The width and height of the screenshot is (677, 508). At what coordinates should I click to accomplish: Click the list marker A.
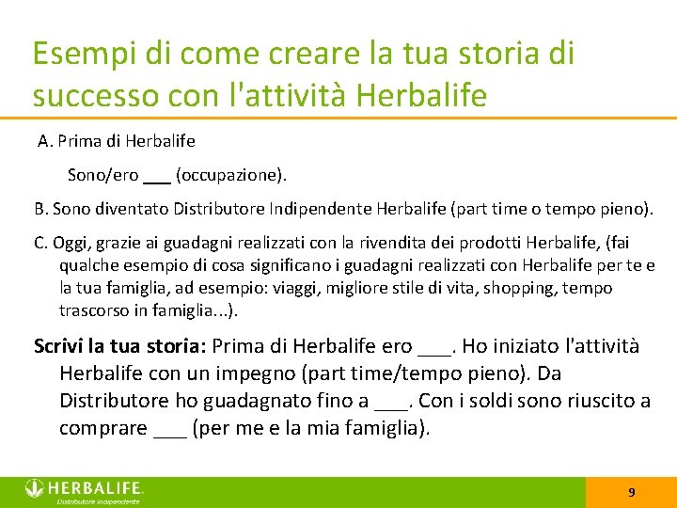(x=44, y=141)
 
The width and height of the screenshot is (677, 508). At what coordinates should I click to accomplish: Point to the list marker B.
(x=40, y=207)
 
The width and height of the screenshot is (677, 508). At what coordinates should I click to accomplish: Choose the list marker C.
(x=40, y=243)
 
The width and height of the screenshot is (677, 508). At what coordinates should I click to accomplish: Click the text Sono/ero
(x=103, y=175)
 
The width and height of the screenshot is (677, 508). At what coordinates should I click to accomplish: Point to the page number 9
(x=631, y=492)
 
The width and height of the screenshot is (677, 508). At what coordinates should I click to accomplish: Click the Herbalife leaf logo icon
(x=35, y=487)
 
